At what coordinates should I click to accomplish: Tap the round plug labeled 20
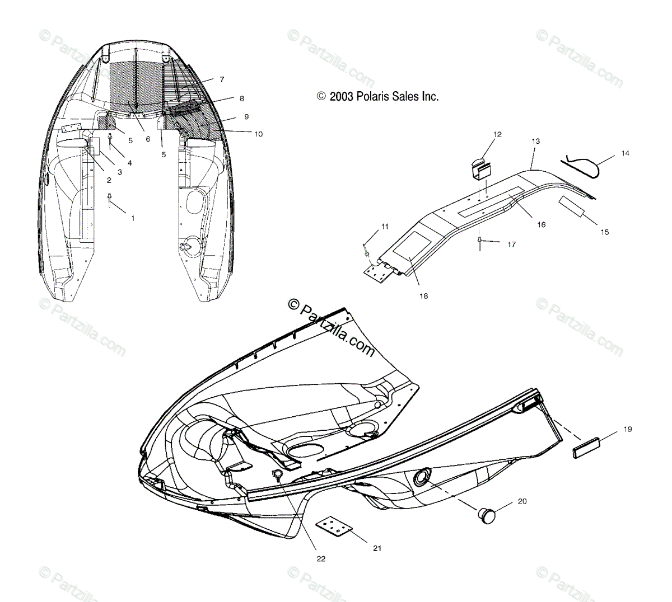click(x=488, y=512)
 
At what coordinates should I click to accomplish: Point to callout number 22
click(x=321, y=558)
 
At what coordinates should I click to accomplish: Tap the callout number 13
click(x=536, y=142)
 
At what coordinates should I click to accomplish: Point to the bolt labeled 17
click(x=480, y=243)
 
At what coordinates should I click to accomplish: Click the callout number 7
click(x=222, y=79)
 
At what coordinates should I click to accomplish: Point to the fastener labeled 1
click(x=110, y=200)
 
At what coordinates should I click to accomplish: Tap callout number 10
click(x=258, y=134)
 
